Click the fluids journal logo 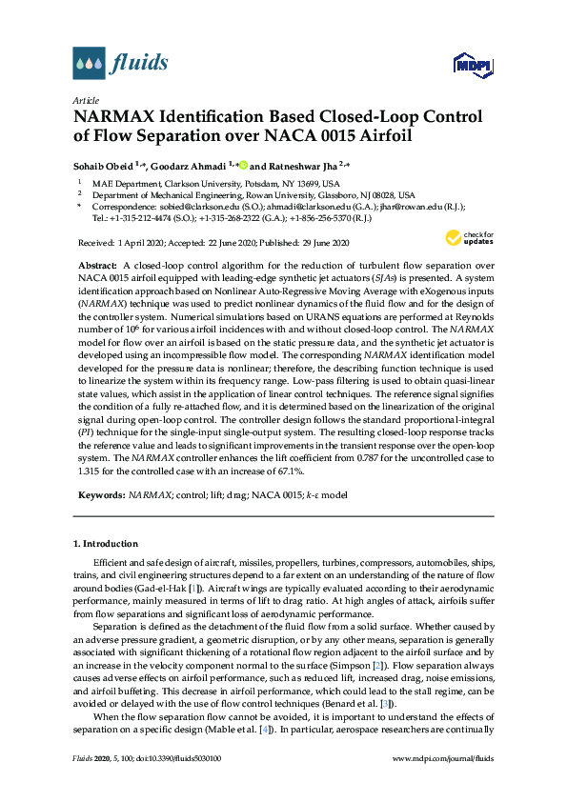121,63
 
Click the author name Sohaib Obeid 102,164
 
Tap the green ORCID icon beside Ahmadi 242,164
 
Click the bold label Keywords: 100,496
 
